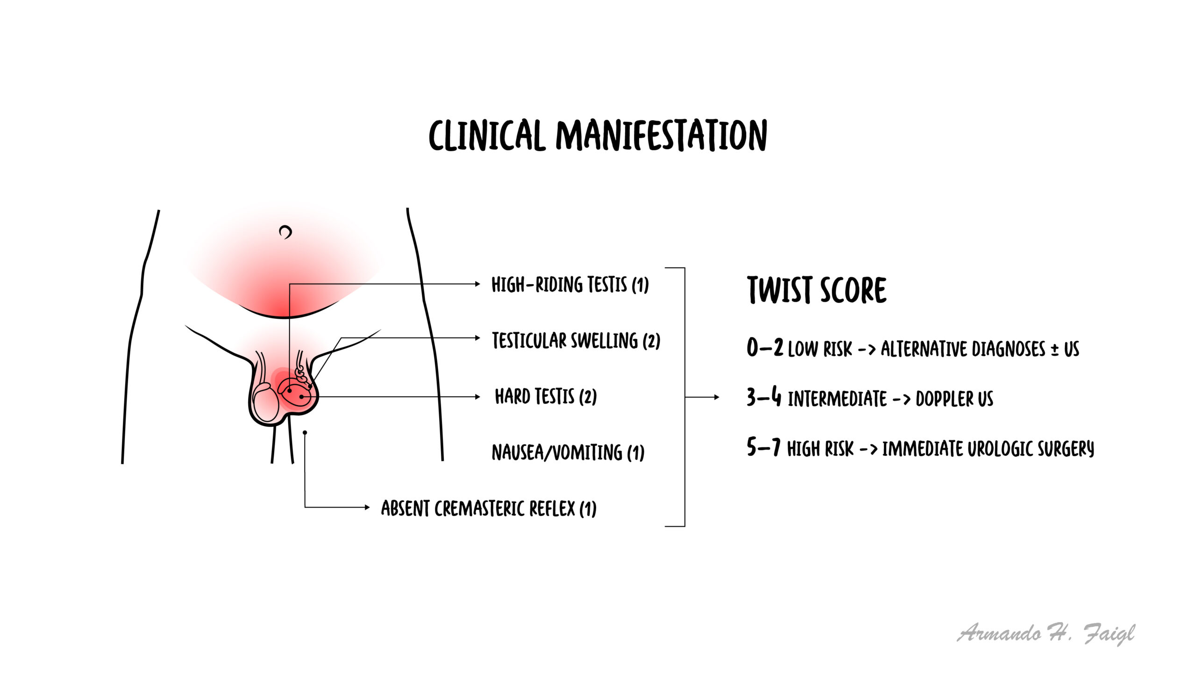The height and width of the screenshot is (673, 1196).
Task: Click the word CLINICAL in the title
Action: pos(487,135)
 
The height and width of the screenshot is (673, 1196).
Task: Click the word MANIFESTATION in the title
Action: pos(661,135)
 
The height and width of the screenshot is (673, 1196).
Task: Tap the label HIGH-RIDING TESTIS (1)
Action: pos(570,285)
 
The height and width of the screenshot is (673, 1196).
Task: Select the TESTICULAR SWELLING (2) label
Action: pos(576,340)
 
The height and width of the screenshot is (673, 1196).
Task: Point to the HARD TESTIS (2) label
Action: pos(546,396)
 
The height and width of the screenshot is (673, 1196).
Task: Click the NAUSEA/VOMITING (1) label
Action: pos(568,452)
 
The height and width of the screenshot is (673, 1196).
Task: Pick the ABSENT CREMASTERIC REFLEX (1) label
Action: pos(489,508)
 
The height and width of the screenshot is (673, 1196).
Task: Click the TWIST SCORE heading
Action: pos(817,290)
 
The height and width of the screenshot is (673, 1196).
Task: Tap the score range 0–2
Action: pos(765,348)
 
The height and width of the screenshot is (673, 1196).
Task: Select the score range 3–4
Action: pos(764,397)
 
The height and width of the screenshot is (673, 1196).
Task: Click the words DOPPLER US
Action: pos(954,399)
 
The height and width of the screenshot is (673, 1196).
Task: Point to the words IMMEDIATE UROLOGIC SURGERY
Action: pos(988,448)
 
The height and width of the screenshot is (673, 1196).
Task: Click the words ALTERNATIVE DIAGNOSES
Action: pos(963,349)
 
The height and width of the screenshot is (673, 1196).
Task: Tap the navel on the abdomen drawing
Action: pos(285,232)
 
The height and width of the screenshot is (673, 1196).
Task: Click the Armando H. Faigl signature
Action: pos(1046,634)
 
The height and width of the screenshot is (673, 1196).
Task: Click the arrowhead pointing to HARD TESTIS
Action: pos(477,397)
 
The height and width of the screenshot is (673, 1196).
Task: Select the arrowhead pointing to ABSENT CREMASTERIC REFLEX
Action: pos(367,507)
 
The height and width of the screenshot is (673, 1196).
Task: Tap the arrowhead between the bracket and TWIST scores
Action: pos(717,397)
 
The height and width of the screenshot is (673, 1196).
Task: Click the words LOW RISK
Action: pos(820,349)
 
